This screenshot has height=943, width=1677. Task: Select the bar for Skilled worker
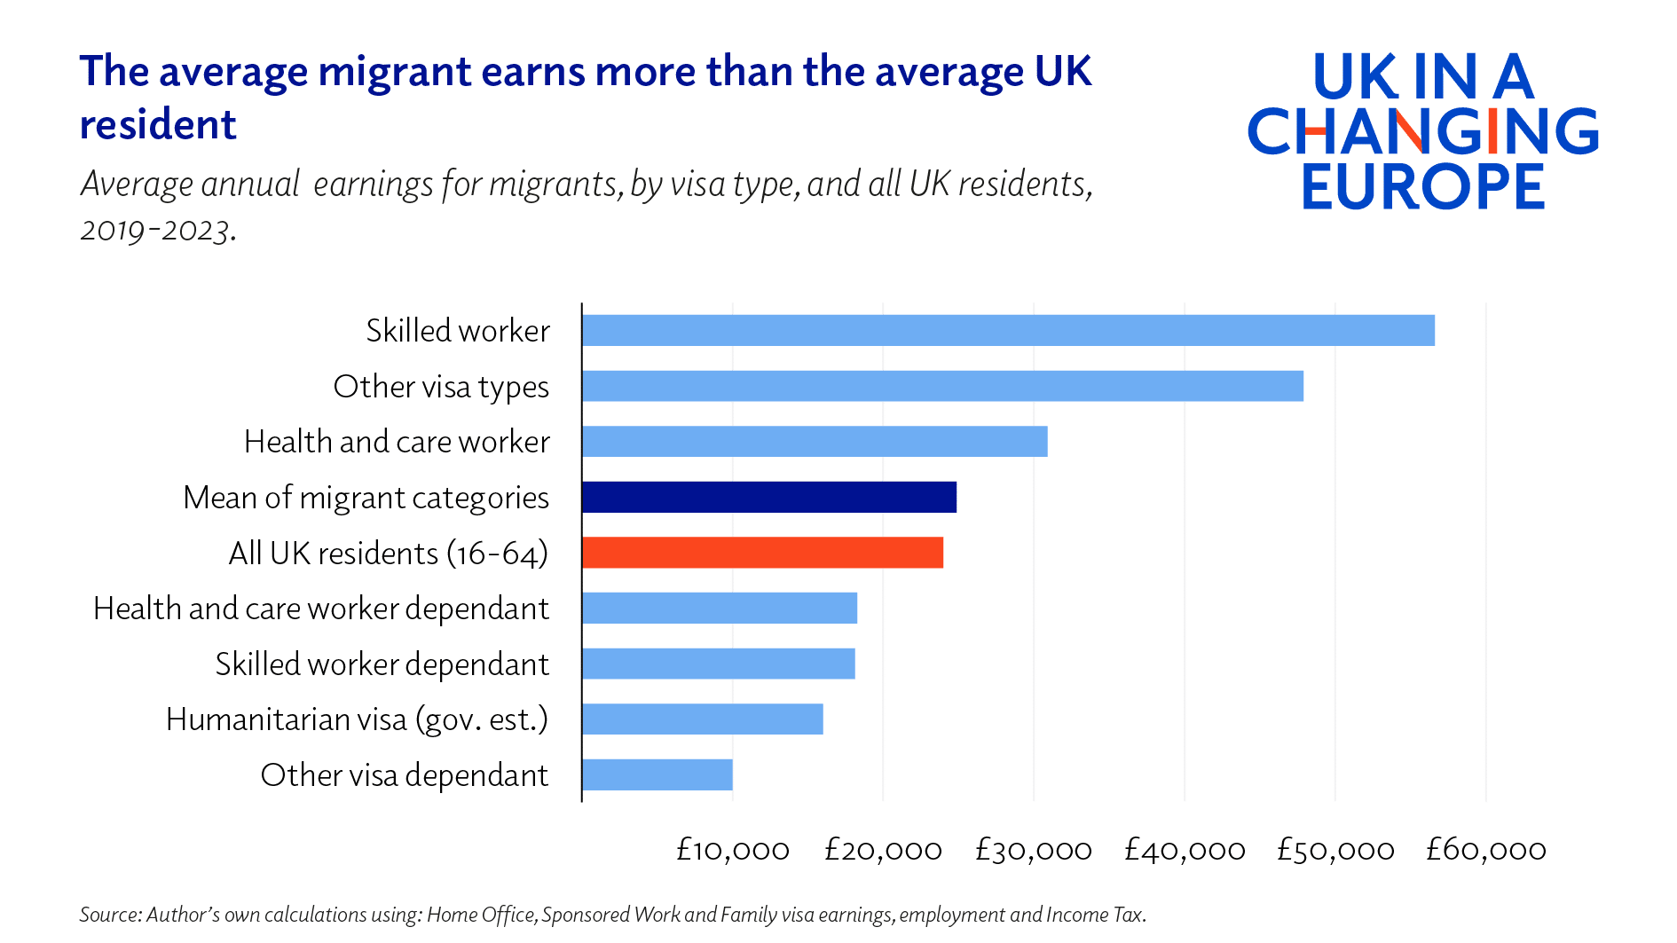tap(1008, 330)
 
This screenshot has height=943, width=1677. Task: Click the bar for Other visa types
tap(942, 386)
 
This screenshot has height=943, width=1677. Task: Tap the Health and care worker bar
tap(815, 441)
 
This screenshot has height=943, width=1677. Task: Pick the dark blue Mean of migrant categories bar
tap(769, 497)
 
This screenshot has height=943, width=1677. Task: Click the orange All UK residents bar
tap(762, 553)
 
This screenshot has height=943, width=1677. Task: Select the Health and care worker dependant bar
tap(720, 608)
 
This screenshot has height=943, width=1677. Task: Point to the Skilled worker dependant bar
tap(719, 664)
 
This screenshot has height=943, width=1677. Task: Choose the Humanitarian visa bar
tap(703, 719)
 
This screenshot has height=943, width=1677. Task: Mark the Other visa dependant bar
tap(657, 774)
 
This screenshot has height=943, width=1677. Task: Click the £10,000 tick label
tap(733, 850)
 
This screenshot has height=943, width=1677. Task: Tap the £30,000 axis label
tap(1033, 850)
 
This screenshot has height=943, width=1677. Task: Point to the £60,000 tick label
tap(1485, 850)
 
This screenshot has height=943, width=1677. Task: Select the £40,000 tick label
tap(1185, 850)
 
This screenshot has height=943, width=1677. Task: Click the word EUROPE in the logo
tap(1423, 186)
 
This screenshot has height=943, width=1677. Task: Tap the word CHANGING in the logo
tap(1423, 131)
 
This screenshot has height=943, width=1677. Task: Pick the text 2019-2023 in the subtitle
tap(157, 231)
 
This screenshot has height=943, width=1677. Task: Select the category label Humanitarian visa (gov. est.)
tap(357, 719)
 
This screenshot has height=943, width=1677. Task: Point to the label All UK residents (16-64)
tap(388, 554)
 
